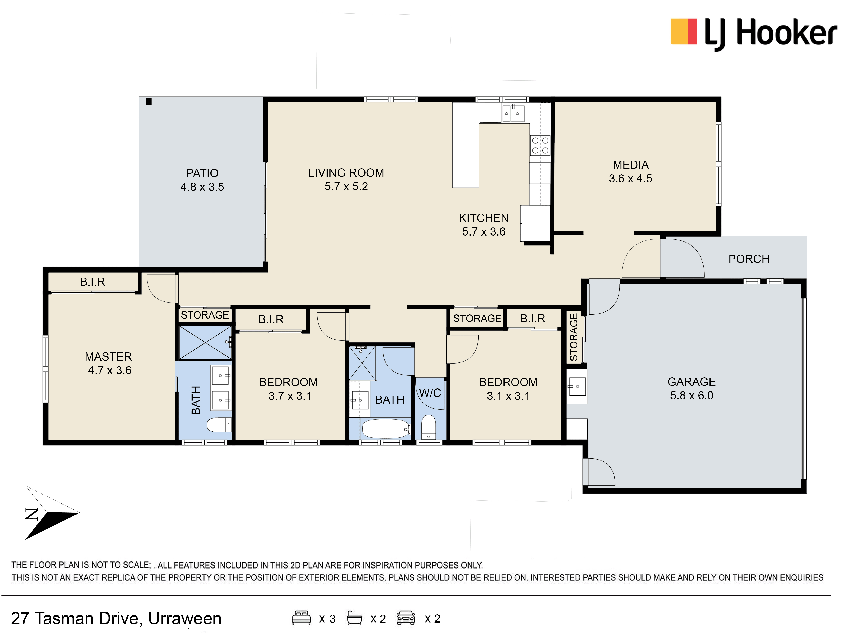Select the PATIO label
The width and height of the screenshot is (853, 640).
[x=202, y=173]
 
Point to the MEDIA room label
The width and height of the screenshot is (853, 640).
[x=631, y=165]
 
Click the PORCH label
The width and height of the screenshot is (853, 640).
[x=749, y=259]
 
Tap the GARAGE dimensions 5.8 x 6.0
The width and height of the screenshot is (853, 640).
[x=691, y=396]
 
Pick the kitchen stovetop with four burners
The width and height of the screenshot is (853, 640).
[x=540, y=145]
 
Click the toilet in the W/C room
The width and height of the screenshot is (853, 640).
[x=428, y=427]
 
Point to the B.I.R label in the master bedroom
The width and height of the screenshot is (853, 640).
[x=93, y=282]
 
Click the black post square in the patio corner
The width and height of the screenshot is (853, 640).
[x=149, y=102]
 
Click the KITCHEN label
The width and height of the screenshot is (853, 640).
[x=484, y=218]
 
